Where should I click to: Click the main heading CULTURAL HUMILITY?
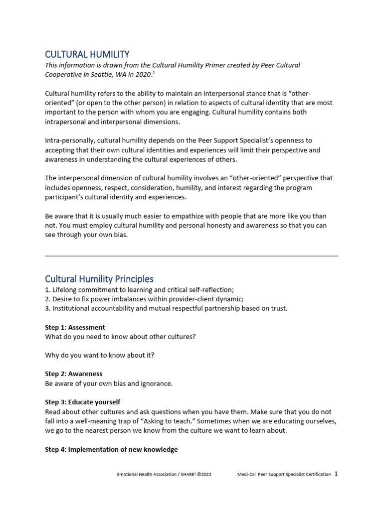coord(87,54)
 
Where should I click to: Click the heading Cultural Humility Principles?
coord(99,279)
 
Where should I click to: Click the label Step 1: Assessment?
coord(75,327)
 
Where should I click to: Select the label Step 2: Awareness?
coord(73,374)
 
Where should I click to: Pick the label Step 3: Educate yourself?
coord(82,402)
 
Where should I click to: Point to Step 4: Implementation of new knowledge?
coord(111,449)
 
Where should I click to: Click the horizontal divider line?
coord(191,256)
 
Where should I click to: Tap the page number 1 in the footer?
coord(336,474)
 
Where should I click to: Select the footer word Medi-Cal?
coord(247,475)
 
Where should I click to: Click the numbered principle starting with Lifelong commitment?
coord(139,290)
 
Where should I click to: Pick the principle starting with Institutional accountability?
coord(166,308)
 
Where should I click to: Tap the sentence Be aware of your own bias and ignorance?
coord(109,383)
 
